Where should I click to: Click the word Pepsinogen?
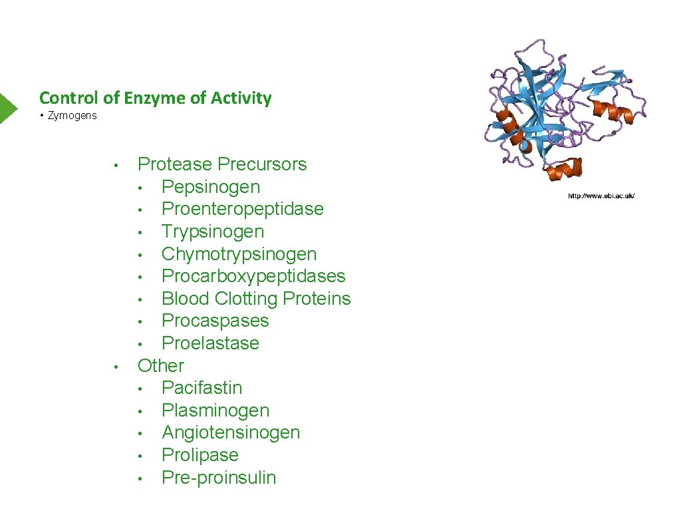[210, 187]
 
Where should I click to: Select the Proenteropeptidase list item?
[242, 209]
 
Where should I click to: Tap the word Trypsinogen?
[213, 232]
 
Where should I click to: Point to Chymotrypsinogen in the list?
[239, 254]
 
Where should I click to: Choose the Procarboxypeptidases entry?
[253, 276]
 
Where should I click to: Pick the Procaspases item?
[215, 321]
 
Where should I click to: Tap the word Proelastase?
[210, 343]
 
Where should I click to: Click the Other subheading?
[160, 365]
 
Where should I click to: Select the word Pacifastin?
[202, 388]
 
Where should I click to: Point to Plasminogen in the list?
[215, 411]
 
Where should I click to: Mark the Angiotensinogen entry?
[231, 432]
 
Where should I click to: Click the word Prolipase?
[200, 455]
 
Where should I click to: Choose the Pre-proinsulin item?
[218, 478]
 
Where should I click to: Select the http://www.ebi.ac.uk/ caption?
[601, 196]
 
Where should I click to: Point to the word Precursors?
[262, 164]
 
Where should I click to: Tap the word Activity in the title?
[241, 98]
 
